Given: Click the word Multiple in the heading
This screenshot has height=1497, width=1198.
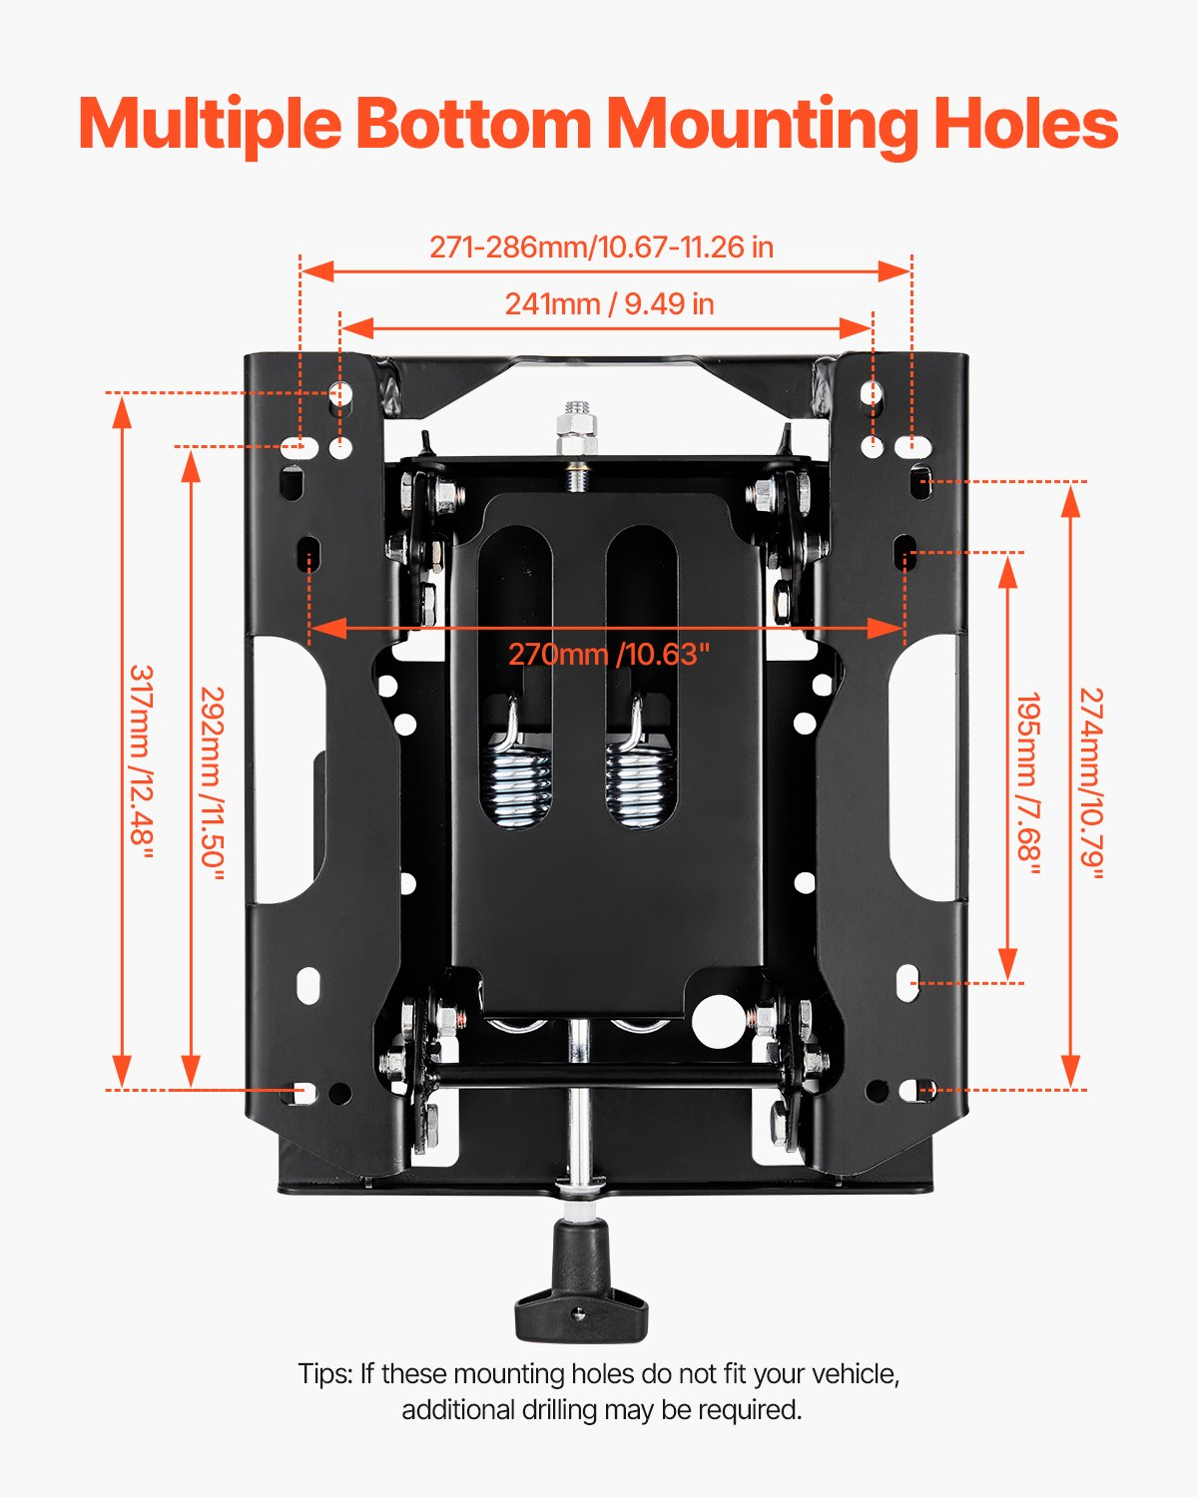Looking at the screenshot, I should (211, 125).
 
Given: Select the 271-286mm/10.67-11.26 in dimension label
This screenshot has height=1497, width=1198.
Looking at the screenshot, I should (601, 247).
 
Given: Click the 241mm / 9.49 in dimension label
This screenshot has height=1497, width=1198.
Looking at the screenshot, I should (609, 303).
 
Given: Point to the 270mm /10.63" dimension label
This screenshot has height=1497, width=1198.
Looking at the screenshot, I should (609, 655).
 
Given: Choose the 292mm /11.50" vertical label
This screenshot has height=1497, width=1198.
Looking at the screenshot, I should (213, 783).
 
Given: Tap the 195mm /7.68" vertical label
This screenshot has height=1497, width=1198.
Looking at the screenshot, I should (1029, 783).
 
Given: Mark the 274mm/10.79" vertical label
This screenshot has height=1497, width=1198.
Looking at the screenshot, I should (1092, 783).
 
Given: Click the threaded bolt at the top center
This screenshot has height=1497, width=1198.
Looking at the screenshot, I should (577, 429).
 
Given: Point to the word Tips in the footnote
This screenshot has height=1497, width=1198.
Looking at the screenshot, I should (323, 1374).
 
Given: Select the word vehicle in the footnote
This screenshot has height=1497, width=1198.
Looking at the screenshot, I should (856, 1374).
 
